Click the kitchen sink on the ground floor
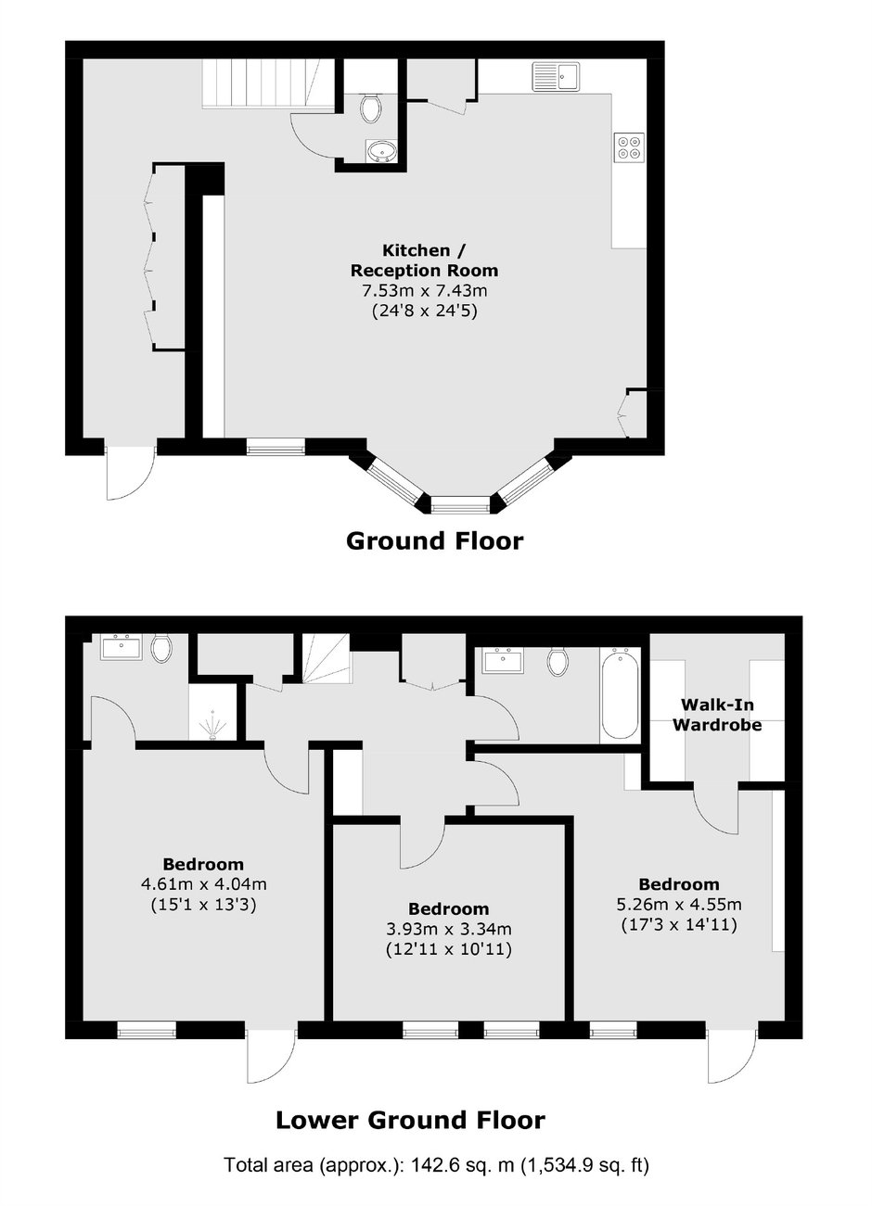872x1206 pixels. pos(556,76)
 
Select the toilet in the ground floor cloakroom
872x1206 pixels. pos(371,108)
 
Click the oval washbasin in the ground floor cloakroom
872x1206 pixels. pos(381,150)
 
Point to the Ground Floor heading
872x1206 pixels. pos(434,541)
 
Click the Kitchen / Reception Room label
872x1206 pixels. pos(425,260)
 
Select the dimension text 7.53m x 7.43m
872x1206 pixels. pos(425,291)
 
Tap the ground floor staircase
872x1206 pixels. pos(268,84)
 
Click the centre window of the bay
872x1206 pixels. pos(460,504)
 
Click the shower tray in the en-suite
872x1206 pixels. pos(213,712)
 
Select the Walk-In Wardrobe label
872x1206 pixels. pos(717,715)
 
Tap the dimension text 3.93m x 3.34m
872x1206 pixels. pos(449,929)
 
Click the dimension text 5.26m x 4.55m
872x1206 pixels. pos(679,905)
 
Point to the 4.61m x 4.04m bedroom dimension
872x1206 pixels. pos(204,884)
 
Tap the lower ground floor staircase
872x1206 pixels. pos(326,658)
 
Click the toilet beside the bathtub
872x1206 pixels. pos(558,662)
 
